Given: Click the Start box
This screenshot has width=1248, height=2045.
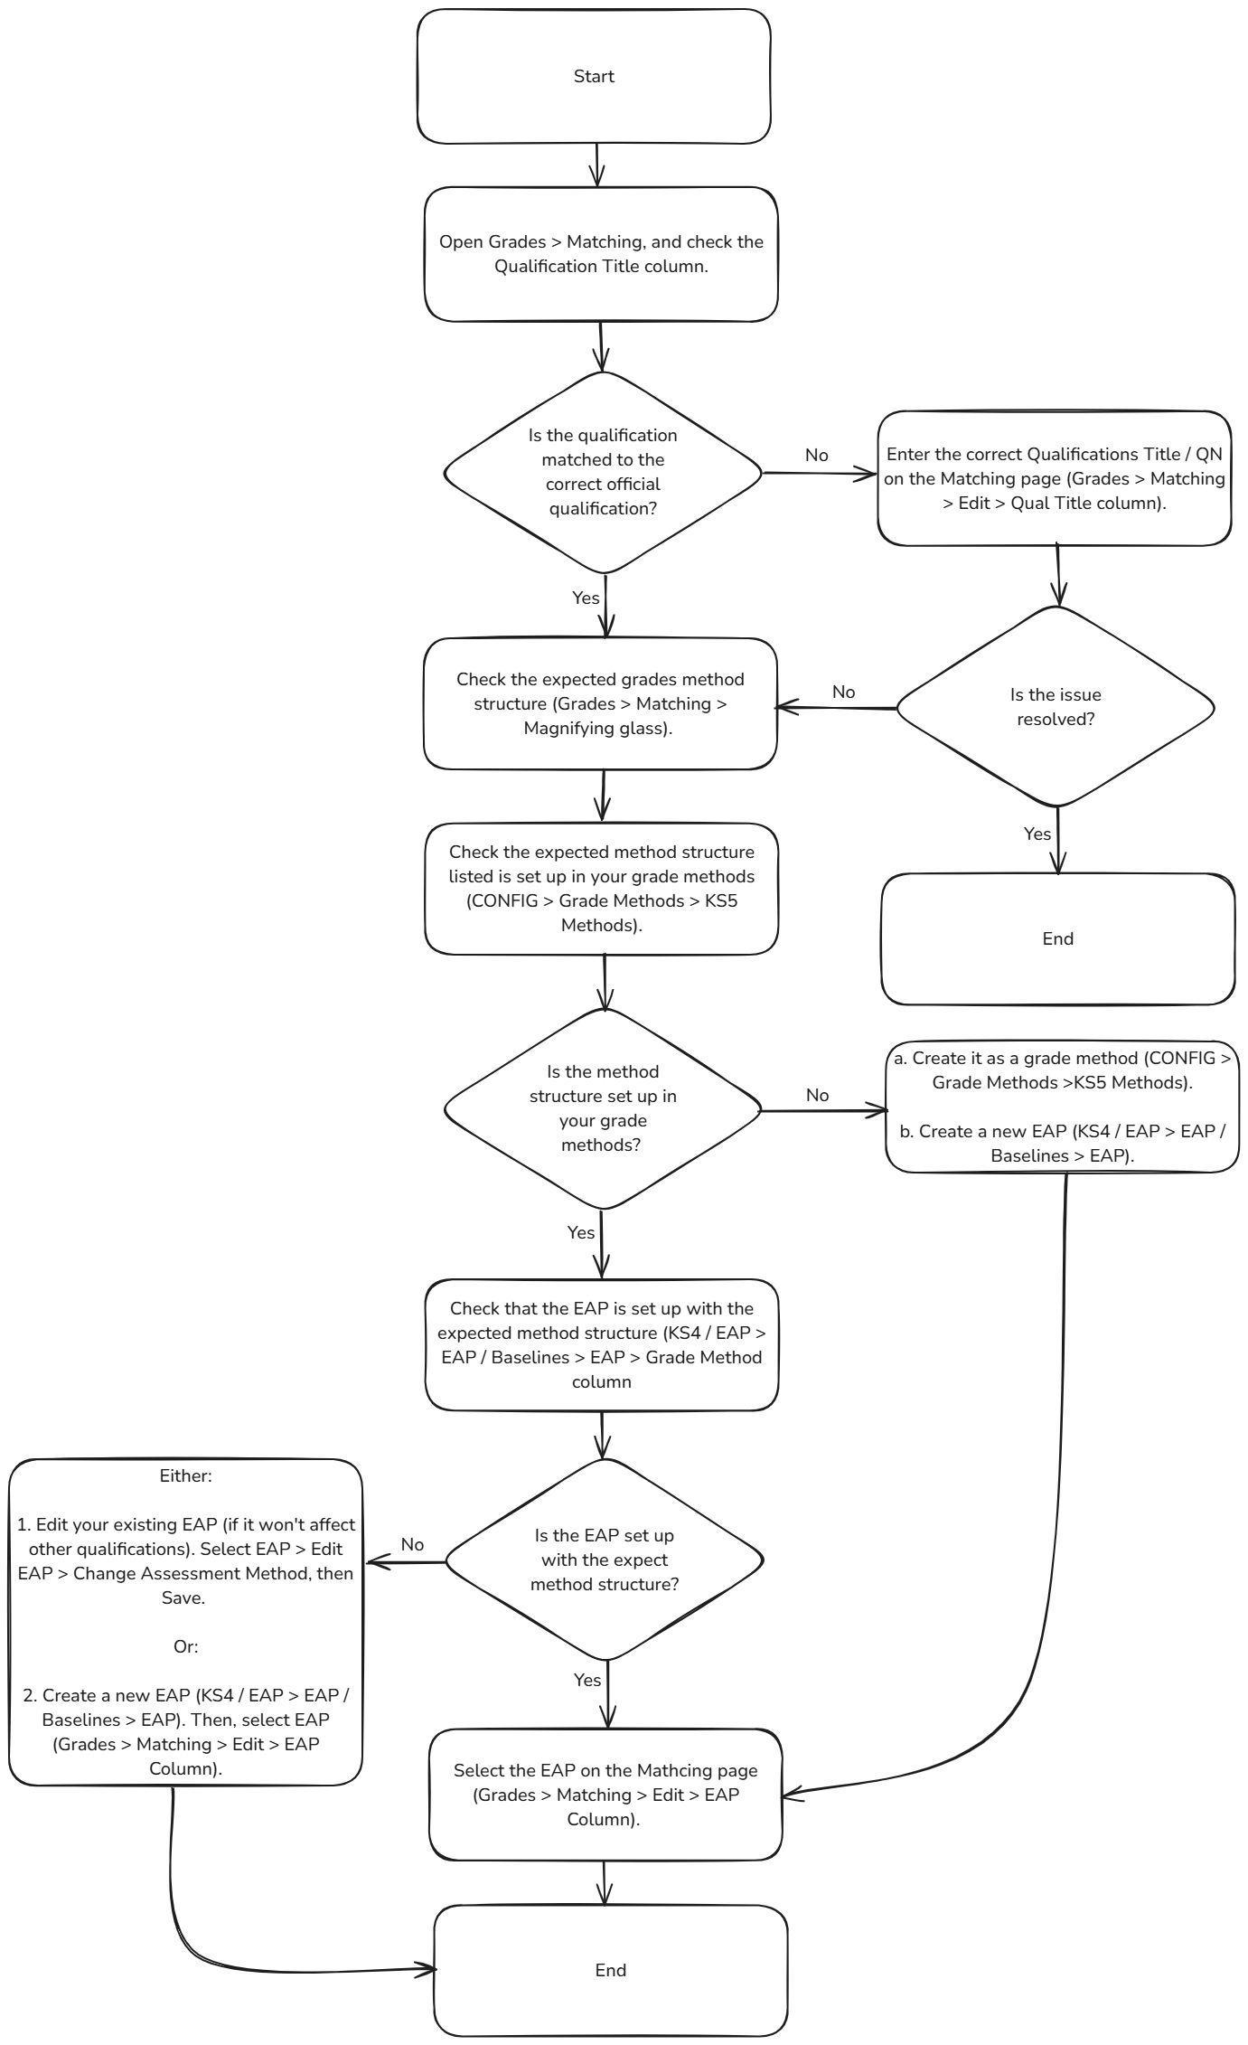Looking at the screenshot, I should (594, 77).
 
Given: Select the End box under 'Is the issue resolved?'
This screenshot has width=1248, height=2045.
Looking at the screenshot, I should (1057, 938).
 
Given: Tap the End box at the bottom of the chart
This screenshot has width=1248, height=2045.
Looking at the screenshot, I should (610, 1970).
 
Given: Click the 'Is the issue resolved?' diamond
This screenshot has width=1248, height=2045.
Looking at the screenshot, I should (1055, 706).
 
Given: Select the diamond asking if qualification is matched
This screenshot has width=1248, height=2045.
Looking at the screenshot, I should (603, 472).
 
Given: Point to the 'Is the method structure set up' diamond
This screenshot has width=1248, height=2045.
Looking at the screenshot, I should (603, 1107).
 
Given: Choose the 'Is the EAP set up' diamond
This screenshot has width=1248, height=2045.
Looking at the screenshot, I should (604, 1560).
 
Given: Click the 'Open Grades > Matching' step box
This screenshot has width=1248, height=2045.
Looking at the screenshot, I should (601, 254).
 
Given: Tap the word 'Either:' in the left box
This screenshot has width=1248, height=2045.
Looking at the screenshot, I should (185, 1475).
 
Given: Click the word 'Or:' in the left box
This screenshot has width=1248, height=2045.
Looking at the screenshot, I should (185, 1646).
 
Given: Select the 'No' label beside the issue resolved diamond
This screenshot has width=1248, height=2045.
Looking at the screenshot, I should (843, 692).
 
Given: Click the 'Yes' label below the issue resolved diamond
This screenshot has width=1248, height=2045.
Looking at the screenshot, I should (1037, 834).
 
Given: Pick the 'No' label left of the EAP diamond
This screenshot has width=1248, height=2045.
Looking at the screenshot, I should (412, 1544).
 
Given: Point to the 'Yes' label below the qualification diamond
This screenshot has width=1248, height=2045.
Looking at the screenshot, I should (586, 598).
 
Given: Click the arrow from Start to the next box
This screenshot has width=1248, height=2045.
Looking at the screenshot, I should (596, 165).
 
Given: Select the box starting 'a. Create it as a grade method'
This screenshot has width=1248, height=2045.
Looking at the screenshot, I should (1062, 1107).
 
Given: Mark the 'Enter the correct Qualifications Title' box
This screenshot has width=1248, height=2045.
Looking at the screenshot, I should (1055, 478).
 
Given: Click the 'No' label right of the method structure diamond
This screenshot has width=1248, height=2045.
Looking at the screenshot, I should (817, 1095).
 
